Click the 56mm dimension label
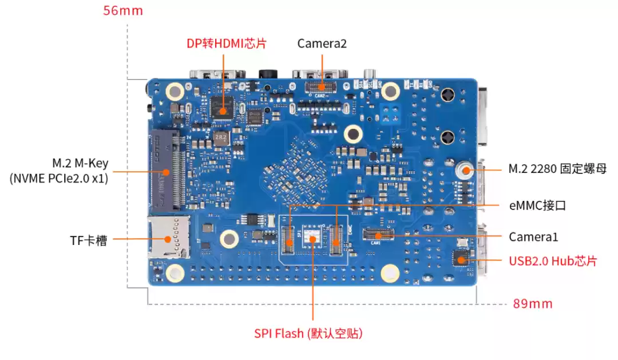pos(123,10)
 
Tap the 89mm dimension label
pos(532,304)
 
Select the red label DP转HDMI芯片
pos(227,43)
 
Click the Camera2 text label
pos(322,43)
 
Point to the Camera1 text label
pos(533,236)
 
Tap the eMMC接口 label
pos(537,205)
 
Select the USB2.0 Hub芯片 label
pos(553,261)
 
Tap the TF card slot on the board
pos(169,238)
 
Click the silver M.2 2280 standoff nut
pos(465,170)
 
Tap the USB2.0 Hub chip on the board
pos(461,259)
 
